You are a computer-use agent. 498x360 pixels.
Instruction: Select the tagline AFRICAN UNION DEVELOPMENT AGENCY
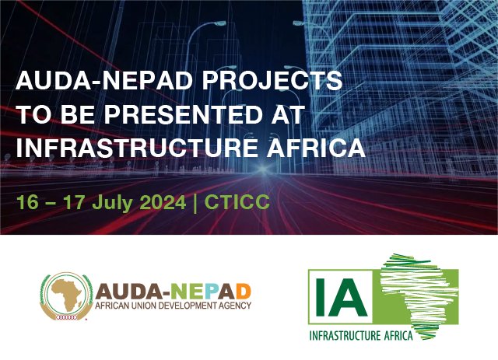point(173,308)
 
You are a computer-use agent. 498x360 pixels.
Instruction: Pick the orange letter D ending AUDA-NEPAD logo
point(243,292)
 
